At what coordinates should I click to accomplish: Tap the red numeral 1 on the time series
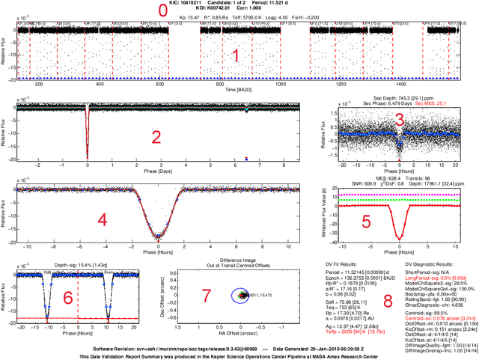236,56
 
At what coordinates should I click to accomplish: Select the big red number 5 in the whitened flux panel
366,222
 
